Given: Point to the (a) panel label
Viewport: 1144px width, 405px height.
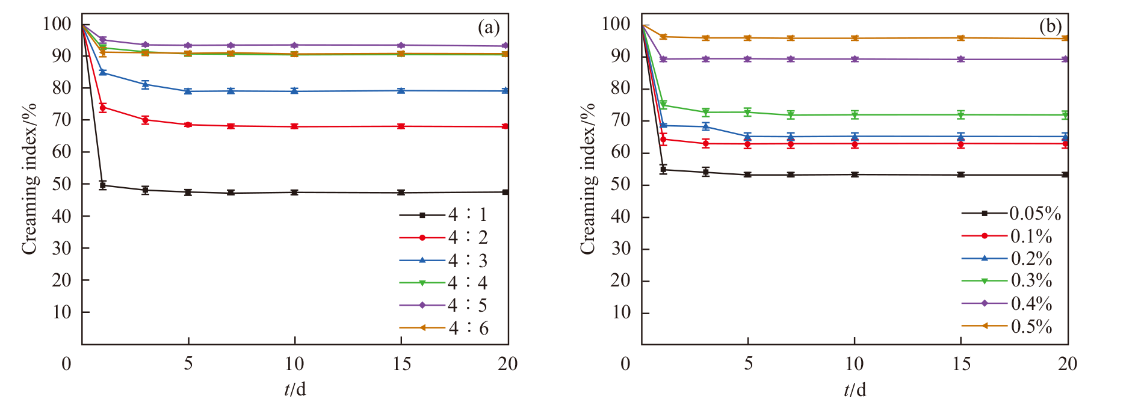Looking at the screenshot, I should (489, 27).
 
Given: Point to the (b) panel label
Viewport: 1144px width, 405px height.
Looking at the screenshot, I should (1051, 26).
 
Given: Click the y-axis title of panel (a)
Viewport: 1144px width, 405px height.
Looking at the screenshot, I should (30, 179).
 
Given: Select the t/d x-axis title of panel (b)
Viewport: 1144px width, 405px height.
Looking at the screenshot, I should (855, 390).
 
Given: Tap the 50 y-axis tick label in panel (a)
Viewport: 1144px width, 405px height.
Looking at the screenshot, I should (61, 184).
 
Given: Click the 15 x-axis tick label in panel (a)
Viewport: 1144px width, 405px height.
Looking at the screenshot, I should (401, 363).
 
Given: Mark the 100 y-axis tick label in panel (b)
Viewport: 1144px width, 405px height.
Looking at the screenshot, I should (616, 24).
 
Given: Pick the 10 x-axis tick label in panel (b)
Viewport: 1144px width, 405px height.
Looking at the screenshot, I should (854, 363).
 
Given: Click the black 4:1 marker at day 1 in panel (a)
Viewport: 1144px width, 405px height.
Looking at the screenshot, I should (103, 185).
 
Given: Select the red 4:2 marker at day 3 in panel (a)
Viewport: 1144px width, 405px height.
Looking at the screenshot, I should (145, 120).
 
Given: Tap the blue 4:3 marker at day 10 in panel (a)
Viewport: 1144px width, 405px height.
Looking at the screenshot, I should (294, 91).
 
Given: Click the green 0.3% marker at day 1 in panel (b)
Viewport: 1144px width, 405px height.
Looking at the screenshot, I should (663, 105).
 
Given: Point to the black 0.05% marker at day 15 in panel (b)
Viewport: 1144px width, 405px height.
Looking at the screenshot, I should (961, 175).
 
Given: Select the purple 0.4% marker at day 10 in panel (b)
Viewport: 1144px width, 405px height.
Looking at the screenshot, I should (855, 59).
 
